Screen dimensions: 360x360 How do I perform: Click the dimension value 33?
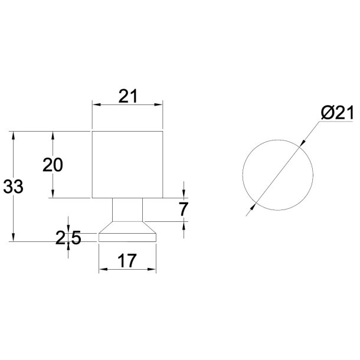pos(13,187)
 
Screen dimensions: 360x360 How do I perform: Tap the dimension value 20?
pos(53,165)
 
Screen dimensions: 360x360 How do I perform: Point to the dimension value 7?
pos(183,209)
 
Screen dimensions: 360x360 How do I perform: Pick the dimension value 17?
pos(127,260)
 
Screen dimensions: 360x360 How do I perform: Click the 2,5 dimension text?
pos(68,238)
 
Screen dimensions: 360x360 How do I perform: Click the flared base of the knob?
pos(127,234)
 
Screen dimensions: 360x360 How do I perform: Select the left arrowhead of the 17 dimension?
pos(102,270)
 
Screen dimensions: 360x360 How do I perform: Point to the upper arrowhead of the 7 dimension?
pos(184,195)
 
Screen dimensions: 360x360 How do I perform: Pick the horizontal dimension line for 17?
pos(127,270)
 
